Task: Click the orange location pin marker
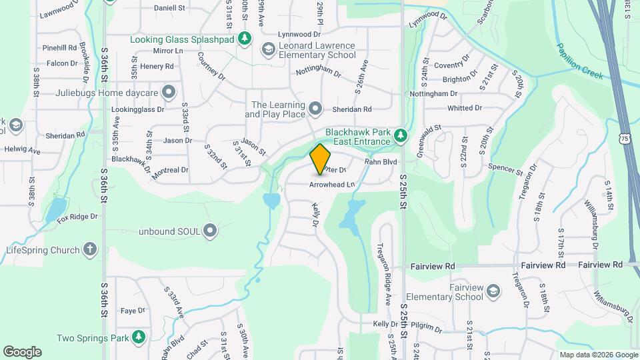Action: click(x=321, y=159)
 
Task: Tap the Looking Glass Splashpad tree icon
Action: click(x=245, y=39)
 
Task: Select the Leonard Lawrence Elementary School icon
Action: click(x=268, y=49)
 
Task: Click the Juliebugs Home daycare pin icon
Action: click(x=169, y=91)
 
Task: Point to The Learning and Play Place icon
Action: click(x=316, y=108)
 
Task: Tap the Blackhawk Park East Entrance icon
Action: click(x=400, y=136)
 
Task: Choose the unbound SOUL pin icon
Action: click(x=211, y=231)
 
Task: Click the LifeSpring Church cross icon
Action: click(x=90, y=250)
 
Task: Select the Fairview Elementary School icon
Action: click(x=493, y=291)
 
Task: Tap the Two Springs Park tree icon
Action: click(x=139, y=337)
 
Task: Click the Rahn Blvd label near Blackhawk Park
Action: click(x=381, y=161)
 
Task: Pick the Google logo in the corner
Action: click(x=22, y=352)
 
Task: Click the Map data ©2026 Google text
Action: click(x=598, y=355)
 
